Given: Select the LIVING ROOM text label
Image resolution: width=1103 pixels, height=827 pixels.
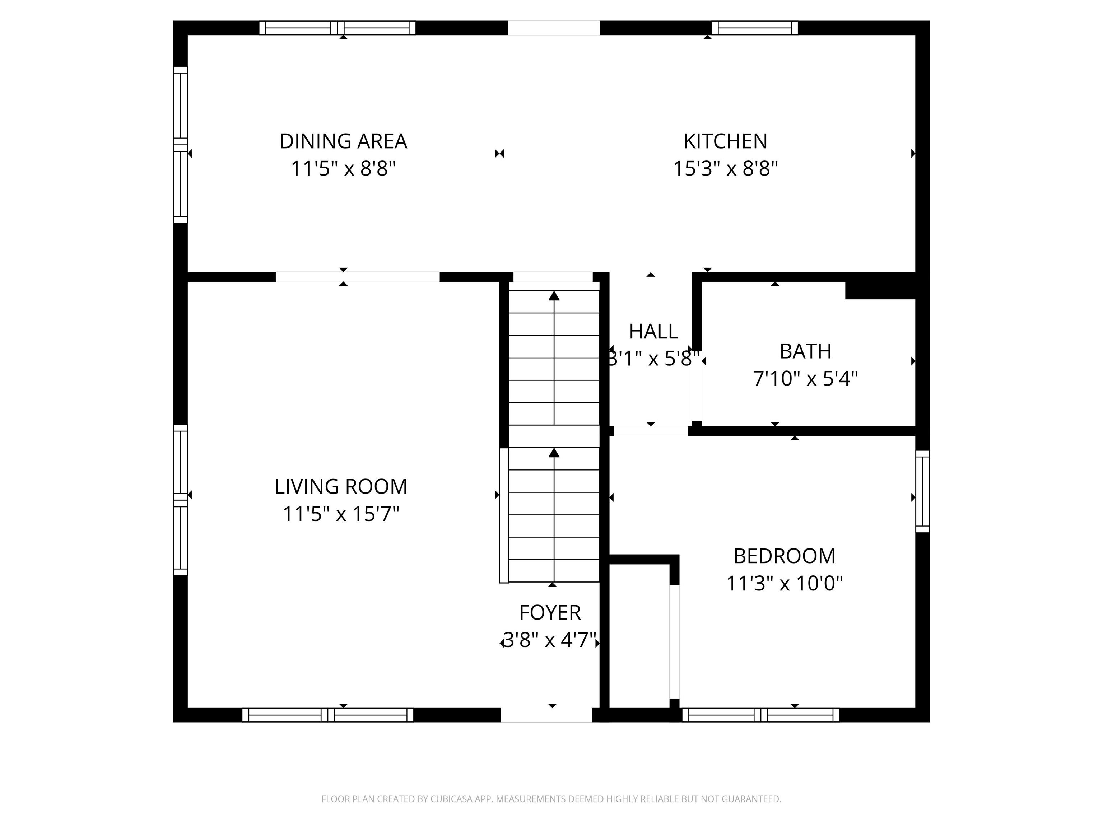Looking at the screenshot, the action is pyautogui.click(x=341, y=486).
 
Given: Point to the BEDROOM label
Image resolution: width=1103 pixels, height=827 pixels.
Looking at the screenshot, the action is pyautogui.click(x=785, y=556).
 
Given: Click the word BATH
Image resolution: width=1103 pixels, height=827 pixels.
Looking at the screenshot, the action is pyautogui.click(x=805, y=351).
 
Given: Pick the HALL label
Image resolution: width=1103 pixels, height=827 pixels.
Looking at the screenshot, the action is pyautogui.click(x=653, y=332).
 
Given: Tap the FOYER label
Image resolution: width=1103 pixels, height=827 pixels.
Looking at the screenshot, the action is pyautogui.click(x=550, y=613).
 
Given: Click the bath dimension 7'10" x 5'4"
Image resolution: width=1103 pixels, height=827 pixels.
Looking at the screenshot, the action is pyautogui.click(x=805, y=379).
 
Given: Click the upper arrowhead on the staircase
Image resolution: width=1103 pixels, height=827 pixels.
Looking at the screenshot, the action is pyautogui.click(x=554, y=296).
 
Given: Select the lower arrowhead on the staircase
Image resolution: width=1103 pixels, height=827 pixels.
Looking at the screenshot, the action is pyautogui.click(x=554, y=452).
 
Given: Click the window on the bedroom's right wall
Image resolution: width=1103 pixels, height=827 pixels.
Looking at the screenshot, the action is pyautogui.click(x=922, y=491).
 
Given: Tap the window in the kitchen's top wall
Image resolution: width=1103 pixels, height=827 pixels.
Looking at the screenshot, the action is pyautogui.click(x=754, y=28).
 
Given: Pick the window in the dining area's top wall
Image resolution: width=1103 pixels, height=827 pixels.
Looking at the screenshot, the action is pyautogui.click(x=337, y=28).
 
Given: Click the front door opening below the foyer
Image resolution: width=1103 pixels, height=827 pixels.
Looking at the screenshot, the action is pyautogui.click(x=546, y=715).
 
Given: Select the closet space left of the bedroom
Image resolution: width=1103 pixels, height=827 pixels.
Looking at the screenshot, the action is pyautogui.click(x=639, y=636).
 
